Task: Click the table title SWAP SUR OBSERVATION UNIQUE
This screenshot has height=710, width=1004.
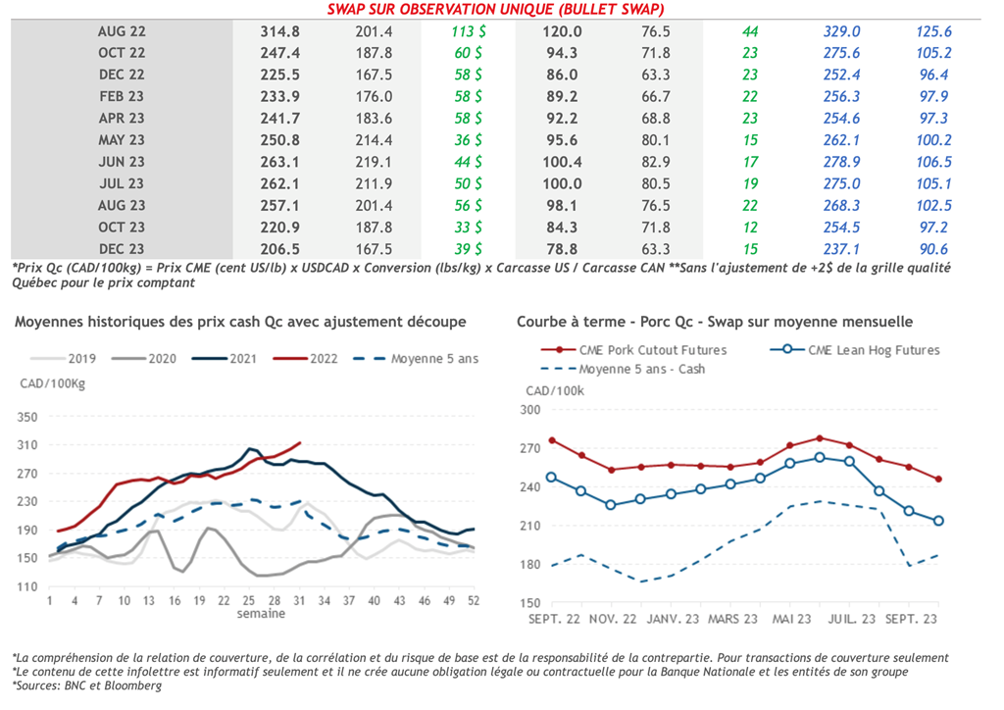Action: coord(501,9)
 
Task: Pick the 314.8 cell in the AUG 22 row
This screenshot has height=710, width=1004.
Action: coord(279,31)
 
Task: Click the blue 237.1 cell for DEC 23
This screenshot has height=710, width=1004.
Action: coord(842,249)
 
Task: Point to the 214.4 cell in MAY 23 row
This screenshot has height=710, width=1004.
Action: coord(374,139)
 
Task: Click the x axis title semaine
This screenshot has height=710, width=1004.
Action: coord(261,614)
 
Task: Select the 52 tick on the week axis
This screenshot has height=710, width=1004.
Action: coord(475,600)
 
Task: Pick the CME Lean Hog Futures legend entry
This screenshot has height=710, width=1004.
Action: coord(864,349)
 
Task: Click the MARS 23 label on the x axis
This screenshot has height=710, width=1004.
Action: coord(732,619)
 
